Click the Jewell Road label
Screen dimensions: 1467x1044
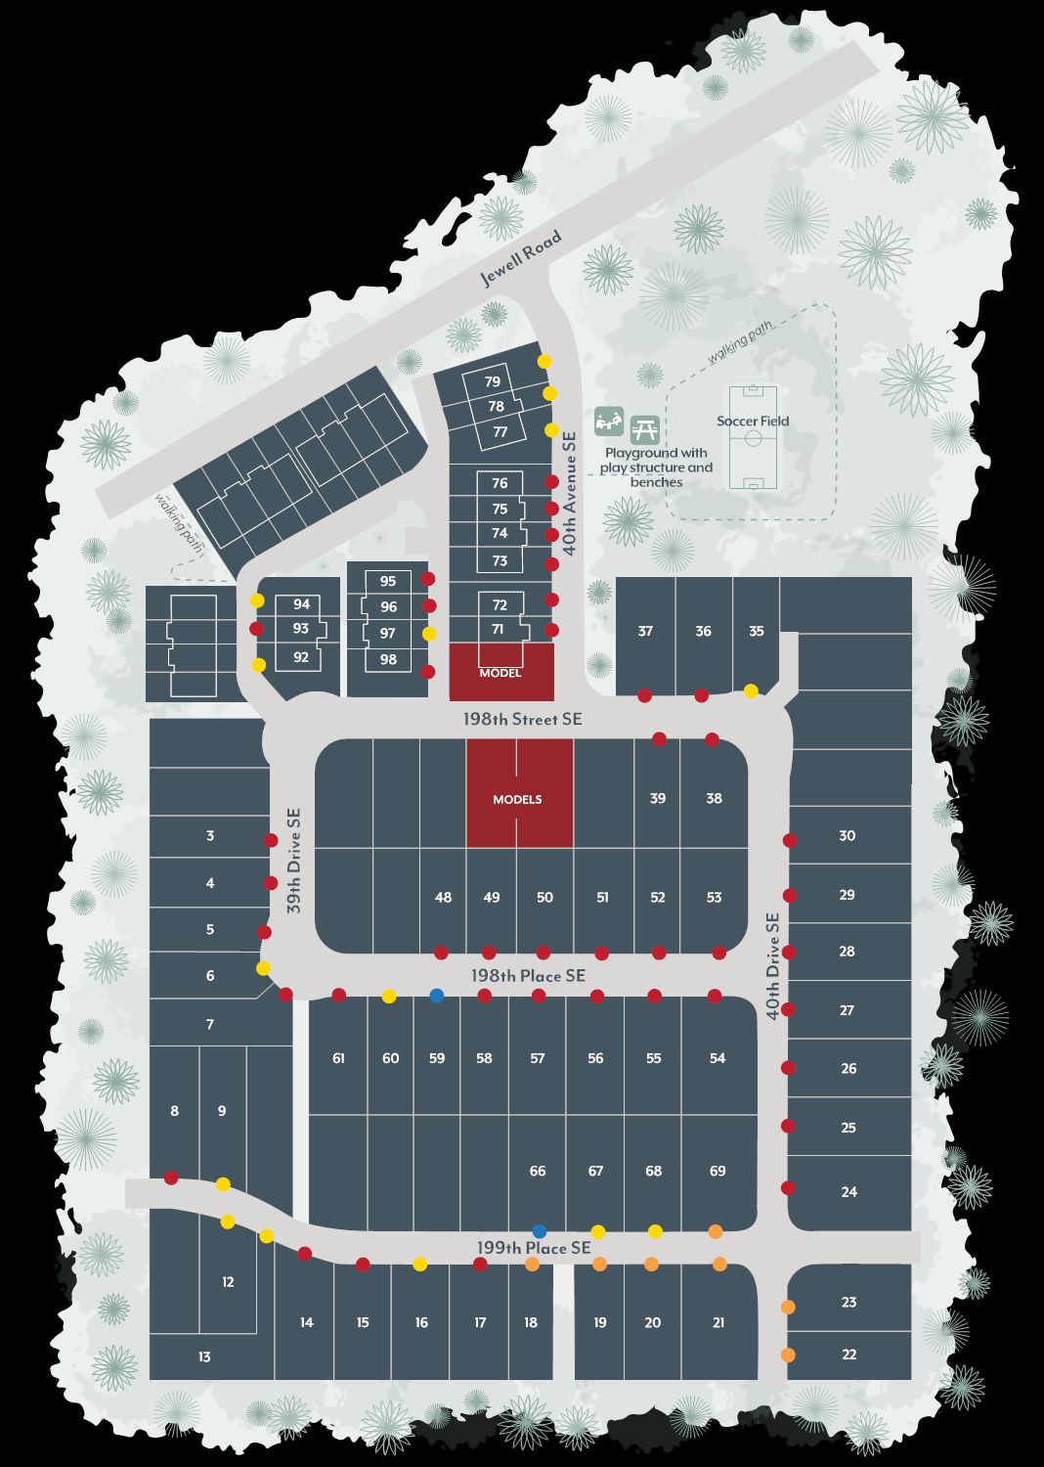521,258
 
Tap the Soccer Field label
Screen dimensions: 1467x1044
753,422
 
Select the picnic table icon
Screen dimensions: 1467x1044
644,428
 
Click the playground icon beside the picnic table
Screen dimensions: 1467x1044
609,422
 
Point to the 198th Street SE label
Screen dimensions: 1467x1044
522,720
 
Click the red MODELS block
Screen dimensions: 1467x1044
518,794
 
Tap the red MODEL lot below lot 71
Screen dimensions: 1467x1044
500,672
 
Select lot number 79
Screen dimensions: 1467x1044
493,381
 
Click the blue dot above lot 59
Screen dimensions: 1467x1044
437,996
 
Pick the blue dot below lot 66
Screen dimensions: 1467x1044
539,1231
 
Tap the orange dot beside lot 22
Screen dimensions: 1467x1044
788,1355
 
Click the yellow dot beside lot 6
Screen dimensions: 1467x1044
263,968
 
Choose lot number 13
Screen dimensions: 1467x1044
204,1356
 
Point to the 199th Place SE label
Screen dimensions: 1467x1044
534,1248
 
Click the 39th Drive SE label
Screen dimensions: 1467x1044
294,861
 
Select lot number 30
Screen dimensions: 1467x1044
847,835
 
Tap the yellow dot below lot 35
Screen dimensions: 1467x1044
751,691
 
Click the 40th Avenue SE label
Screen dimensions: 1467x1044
570,493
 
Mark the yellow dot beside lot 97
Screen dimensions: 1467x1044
429,634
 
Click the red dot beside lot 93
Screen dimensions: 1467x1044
257,629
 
